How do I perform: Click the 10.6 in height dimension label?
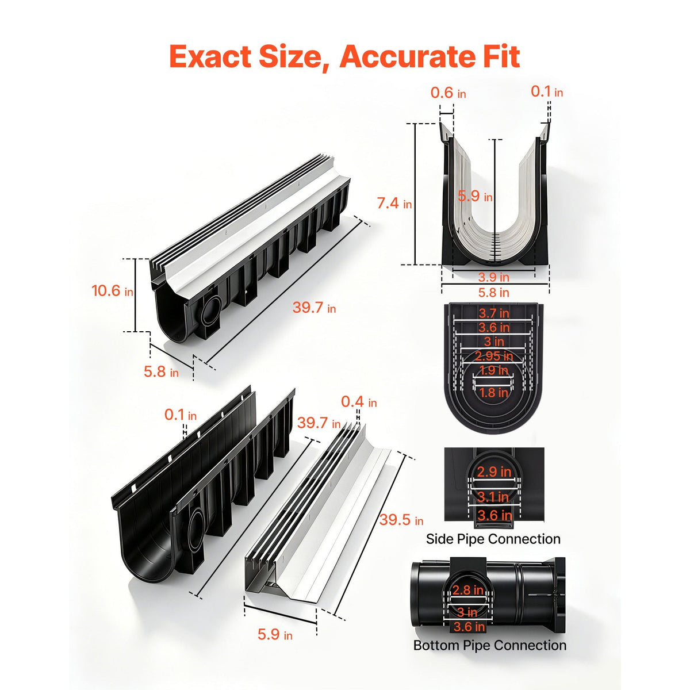(x=112, y=290)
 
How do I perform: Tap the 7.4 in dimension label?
(x=394, y=203)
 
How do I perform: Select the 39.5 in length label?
(x=401, y=520)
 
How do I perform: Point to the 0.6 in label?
(x=448, y=93)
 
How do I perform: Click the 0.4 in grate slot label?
(x=359, y=402)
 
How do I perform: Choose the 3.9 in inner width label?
(x=493, y=277)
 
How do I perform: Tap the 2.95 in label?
(x=494, y=356)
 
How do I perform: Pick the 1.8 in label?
(x=493, y=393)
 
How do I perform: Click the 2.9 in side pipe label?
(x=494, y=472)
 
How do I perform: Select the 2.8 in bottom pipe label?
(x=467, y=589)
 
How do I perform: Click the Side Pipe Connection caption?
(x=493, y=539)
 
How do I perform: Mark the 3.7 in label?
(x=494, y=313)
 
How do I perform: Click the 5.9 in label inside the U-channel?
(x=475, y=196)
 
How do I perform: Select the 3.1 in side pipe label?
(x=493, y=497)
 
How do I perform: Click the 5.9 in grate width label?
(x=275, y=634)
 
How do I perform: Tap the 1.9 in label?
(x=493, y=370)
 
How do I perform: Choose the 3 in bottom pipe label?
(x=467, y=612)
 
